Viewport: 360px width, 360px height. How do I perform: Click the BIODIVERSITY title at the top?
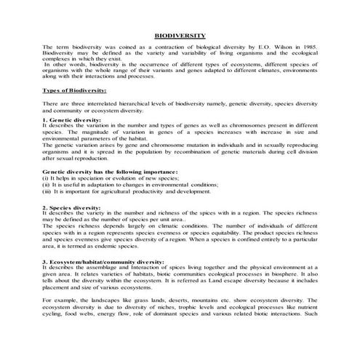tap(180, 34)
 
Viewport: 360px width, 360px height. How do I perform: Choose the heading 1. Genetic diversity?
tap(70, 119)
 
